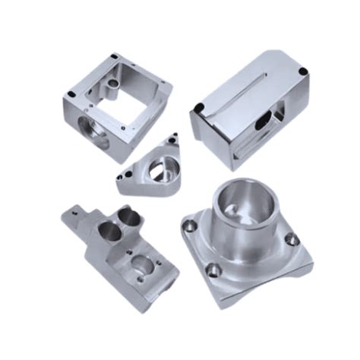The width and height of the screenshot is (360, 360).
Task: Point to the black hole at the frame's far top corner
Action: (x=114, y=56)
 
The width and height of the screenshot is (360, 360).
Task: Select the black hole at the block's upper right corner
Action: (x=303, y=72)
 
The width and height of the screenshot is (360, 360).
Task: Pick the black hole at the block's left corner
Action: (x=200, y=108)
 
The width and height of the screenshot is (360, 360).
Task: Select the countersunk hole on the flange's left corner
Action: (x=189, y=223)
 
